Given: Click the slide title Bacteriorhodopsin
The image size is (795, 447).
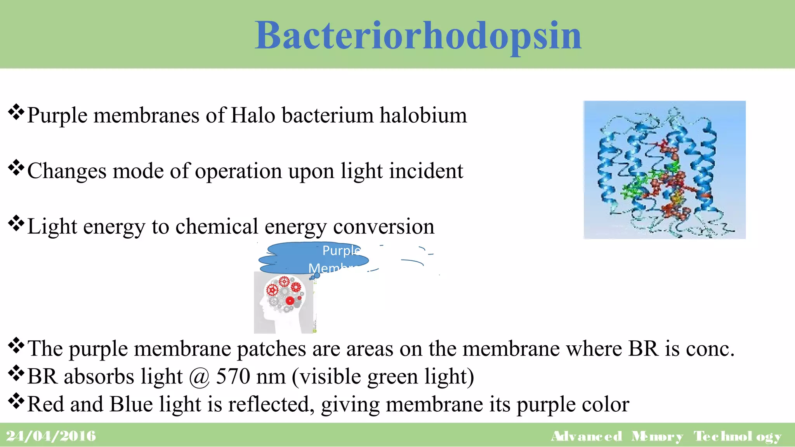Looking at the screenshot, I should click(x=418, y=36).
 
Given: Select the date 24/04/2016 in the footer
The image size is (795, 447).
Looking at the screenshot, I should click(x=51, y=436).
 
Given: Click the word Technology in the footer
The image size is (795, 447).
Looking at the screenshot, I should click(x=737, y=437).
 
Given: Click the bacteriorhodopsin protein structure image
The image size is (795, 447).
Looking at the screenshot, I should click(x=664, y=170).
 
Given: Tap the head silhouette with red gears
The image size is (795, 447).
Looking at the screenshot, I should click(x=283, y=303).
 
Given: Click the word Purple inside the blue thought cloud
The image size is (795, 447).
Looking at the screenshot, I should click(x=341, y=250).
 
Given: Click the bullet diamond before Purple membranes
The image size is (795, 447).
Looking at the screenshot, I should click(x=16, y=113).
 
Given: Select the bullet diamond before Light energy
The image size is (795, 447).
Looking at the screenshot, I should click(x=16, y=223).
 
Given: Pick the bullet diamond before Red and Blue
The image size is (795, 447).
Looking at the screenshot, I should click(x=16, y=401).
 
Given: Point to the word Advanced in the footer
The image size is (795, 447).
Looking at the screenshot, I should click(x=587, y=437).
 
